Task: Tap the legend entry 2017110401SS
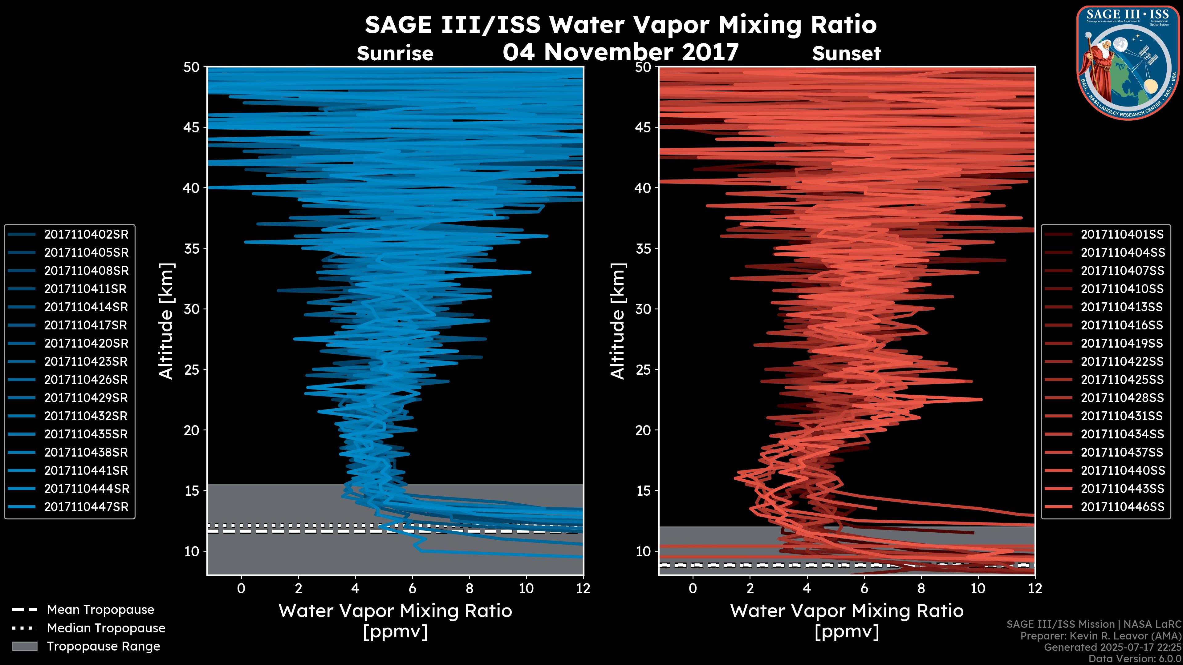point(1122,235)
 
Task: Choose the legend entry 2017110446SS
point(1122,507)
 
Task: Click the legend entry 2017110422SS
point(1122,362)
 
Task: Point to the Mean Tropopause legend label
point(100,610)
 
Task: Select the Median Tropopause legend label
point(106,628)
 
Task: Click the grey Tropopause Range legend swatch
point(24,647)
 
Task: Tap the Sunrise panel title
point(395,54)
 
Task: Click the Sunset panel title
point(846,54)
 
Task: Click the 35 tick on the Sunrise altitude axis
point(192,249)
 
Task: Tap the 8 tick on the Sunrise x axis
point(469,588)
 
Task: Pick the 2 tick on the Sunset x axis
point(750,588)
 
